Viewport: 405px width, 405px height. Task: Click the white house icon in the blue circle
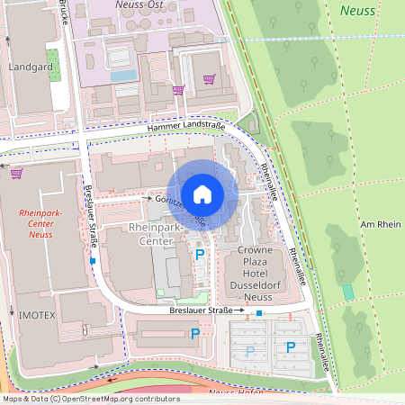point(202,193)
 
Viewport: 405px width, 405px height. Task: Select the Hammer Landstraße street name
point(186,129)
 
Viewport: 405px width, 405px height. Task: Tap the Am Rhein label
point(379,223)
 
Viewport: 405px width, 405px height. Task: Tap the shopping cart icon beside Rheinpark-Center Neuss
point(16,173)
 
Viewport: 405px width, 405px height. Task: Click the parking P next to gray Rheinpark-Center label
point(199,256)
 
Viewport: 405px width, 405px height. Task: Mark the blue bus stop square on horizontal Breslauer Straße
point(259,313)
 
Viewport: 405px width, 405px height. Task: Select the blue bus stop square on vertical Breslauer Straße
point(93,262)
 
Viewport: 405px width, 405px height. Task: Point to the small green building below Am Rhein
point(348,292)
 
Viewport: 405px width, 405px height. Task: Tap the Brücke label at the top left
point(64,4)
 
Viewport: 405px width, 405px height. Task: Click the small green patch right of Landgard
point(53,61)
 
